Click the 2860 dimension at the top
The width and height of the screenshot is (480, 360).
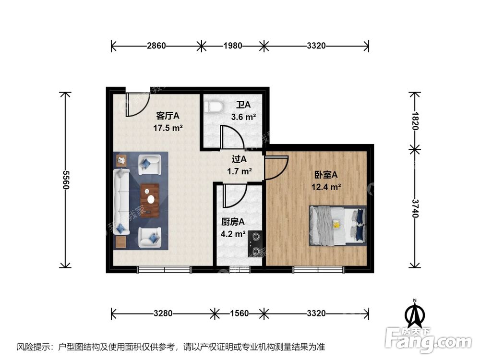156,46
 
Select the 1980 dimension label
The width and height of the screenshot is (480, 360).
232,46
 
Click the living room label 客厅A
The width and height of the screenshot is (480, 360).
168,116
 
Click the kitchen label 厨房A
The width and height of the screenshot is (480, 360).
233,222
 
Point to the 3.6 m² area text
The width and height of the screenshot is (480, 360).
243,117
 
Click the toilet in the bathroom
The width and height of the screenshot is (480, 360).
213,106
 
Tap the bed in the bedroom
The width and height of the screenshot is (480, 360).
338,225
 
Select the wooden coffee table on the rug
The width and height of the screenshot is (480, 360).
150,200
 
